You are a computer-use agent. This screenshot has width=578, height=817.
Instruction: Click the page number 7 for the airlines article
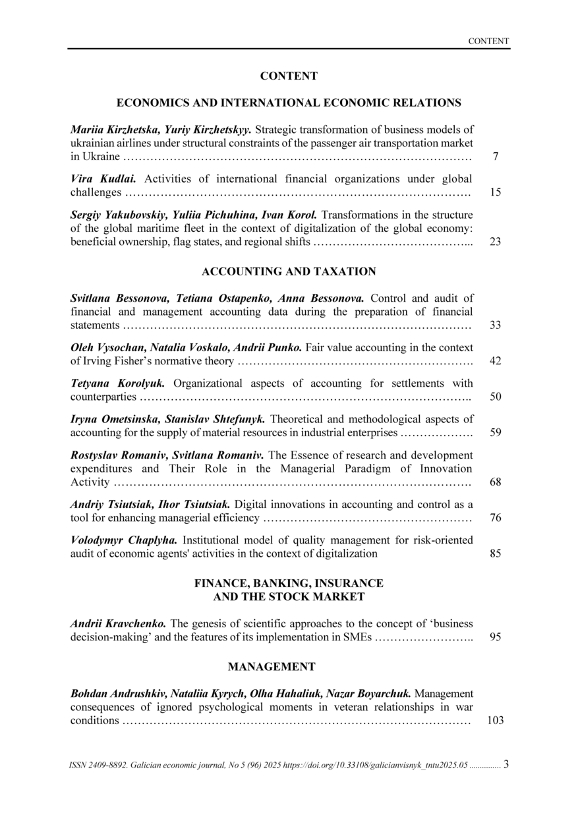point(495,157)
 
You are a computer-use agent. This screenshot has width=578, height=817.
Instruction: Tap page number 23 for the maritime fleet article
point(496,242)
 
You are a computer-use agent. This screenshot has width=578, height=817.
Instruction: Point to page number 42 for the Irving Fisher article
point(496,361)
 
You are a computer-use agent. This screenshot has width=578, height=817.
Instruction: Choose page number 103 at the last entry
point(495,720)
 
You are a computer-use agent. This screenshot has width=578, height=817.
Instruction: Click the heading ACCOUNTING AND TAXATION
point(289,271)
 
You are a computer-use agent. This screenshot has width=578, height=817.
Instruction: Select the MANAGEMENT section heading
point(272,667)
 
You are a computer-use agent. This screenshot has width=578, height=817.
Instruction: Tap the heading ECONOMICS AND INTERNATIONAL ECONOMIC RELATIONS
point(289,103)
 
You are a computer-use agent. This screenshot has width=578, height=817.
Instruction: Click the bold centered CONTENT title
point(289,76)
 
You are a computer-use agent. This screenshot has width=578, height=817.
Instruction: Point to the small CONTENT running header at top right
point(488,41)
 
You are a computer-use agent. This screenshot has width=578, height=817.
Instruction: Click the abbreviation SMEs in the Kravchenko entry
point(358,637)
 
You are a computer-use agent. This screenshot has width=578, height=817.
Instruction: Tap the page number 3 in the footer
point(506,764)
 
